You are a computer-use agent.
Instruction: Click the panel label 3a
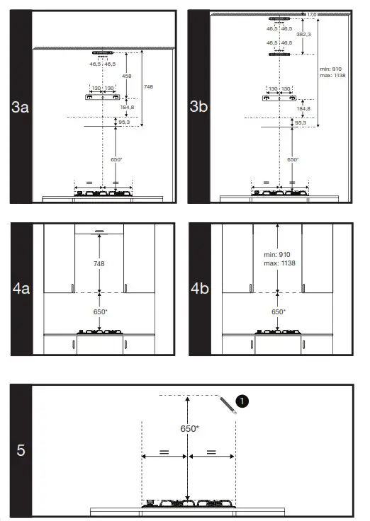click(x=21, y=108)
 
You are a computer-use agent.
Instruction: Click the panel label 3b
click(x=199, y=108)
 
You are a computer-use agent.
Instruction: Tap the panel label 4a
click(x=21, y=290)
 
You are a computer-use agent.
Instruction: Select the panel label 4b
click(x=199, y=290)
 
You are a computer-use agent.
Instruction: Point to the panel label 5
click(x=22, y=450)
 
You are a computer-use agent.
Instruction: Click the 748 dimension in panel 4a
click(x=100, y=263)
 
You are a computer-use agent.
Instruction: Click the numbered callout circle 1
click(x=242, y=401)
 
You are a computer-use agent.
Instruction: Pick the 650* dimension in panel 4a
click(x=100, y=311)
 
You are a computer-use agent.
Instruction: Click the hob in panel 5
click(x=188, y=504)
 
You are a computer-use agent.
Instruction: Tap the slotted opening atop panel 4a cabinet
click(x=100, y=230)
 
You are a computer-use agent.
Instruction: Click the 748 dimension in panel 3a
click(x=148, y=86)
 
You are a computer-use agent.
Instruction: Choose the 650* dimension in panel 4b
click(x=279, y=311)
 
